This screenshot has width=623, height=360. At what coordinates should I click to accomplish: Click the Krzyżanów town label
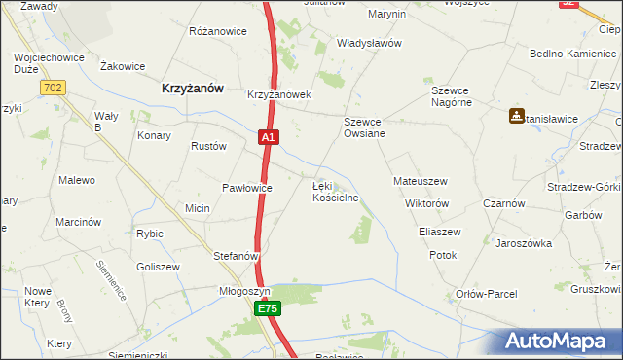pyautogui.click(x=192, y=88)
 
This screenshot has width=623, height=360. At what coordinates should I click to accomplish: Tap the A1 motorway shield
pyautogui.click(x=270, y=139)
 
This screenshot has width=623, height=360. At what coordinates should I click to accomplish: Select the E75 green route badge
pyautogui.click(x=268, y=308)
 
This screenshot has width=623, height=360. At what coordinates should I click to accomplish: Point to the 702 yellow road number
pyautogui.click(x=55, y=89)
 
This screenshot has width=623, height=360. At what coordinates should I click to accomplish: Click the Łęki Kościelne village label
pyautogui.click(x=335, y=191)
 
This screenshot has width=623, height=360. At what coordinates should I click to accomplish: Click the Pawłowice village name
pyautogui.click(x=247, y=187)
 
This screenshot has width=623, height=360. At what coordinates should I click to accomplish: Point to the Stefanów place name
pyautogui.click(x=236, y=257)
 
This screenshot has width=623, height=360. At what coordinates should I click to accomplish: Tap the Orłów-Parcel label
pyautogui.click(x=487, y=294)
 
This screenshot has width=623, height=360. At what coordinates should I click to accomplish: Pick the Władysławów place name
pyautogui.click(x=369, y=44)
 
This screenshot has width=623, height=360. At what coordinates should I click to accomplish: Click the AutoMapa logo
pyautogui.click(x=561, y=342)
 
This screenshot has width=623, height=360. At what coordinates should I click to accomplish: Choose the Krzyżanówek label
pyautogui.click(x=278, y=95)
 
